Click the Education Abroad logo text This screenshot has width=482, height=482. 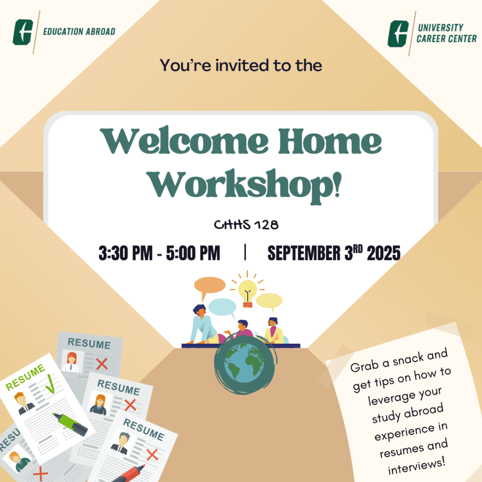(x=79, y=31)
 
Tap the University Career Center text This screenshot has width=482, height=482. (x=446, y=33)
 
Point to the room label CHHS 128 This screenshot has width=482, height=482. (x=246, y=225)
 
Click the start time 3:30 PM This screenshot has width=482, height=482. (x=125, y=253)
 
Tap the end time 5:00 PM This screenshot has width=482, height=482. (x=193, y=253)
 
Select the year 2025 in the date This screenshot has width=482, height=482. (x=384, y=253)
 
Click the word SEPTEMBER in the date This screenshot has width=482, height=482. (x=304, y=253)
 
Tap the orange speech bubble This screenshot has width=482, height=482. (x=210, y=286)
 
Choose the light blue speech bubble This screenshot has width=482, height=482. (x=222, y=308)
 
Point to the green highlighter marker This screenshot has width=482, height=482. (x=70, y=424)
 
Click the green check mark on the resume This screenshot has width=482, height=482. (x=51, y=384)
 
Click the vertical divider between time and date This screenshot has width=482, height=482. (x=245, y=252)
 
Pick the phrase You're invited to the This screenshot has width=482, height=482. (x=241, y=65)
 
